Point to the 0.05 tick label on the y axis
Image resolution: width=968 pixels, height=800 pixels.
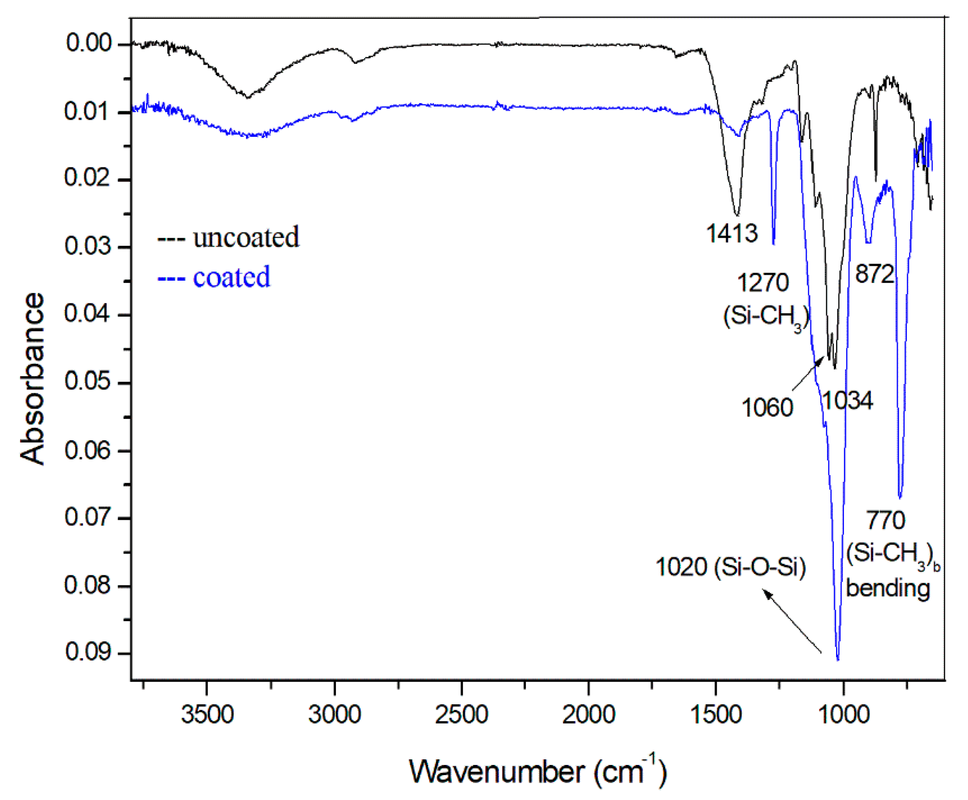click(x=87, y=382)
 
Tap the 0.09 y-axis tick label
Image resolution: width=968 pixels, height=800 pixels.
click(x=88, y=652)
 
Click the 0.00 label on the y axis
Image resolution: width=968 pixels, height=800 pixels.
click(x=89, y=43)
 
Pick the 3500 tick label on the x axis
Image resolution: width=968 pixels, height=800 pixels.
click(x=207, y=715)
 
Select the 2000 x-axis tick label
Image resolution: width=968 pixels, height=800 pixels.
click(x=588, y=715)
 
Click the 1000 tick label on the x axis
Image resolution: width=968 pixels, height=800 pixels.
click(x=843, y=715)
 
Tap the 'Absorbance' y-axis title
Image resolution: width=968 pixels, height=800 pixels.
click(x=32, y=378)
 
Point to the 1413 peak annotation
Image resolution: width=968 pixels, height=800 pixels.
click(x=732, y=233)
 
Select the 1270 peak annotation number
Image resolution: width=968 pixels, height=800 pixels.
click(x=763, y=282)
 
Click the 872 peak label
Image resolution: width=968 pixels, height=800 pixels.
click(x=875, y=274)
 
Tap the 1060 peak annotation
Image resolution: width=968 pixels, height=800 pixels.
click(x=767, y=408)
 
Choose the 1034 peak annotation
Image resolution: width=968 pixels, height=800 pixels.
click(x=847, y=400)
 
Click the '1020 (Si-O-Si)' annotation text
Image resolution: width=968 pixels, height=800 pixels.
click(x=730, y=567)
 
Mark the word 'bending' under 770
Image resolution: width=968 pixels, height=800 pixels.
click(x=888, y=588)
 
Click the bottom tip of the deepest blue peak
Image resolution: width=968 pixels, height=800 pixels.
click(x=838, y=659)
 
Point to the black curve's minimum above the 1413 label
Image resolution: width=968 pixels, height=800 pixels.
click(x=737, y=215)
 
